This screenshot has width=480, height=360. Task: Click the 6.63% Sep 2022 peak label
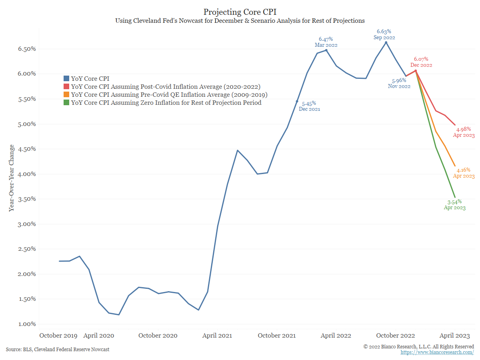(x=386, y=34)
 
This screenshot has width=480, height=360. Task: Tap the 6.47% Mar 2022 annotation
(x=326, y=42)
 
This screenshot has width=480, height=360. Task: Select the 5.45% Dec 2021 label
(x=309, y=106)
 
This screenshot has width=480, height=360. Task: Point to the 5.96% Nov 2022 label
(x=399, y=83)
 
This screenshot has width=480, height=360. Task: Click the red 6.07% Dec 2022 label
(x=421, y=62)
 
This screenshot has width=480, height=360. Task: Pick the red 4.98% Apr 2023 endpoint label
(x=464, y=132)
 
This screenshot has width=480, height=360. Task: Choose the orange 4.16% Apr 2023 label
(x=464, y=173)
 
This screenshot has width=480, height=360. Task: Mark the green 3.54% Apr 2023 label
(x=455, y=204)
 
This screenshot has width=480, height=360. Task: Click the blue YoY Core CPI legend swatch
(x=67, y=79)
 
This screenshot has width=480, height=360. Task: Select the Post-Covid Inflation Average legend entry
(x=166, y=87)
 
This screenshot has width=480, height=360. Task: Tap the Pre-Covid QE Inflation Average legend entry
(x=169, y=95)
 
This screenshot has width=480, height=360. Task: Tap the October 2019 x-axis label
(x=59, y=335)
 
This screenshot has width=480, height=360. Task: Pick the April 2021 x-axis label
(x=217, y=335)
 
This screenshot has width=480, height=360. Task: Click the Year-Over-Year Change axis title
(x=12, y=178)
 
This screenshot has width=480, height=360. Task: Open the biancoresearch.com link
(x=437, y=352)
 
